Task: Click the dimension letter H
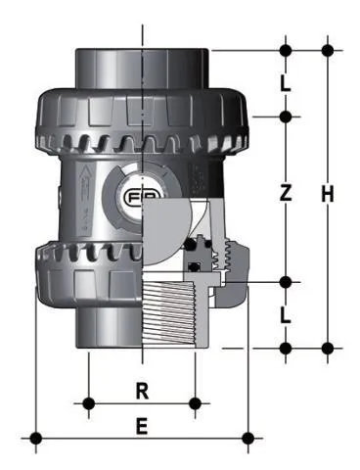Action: click(x=328, y=195)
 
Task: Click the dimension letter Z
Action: click(x=286, y=195)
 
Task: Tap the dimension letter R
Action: click(x=142, y=391)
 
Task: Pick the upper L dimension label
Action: click(x=286, y=83)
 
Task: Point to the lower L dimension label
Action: click(x=286, y=315)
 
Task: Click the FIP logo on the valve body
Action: click(x=137, y=197)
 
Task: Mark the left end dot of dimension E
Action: click(x=36, y=437)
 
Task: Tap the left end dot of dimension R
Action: click(x=89, y=402)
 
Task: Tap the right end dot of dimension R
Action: click(x=197, y=402)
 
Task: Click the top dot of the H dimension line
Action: click(x=328, y=49)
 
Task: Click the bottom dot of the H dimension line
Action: click(x=328, y=347)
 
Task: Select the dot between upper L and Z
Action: click(x=286, y=117)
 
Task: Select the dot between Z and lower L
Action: click(x=286, y=283)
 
